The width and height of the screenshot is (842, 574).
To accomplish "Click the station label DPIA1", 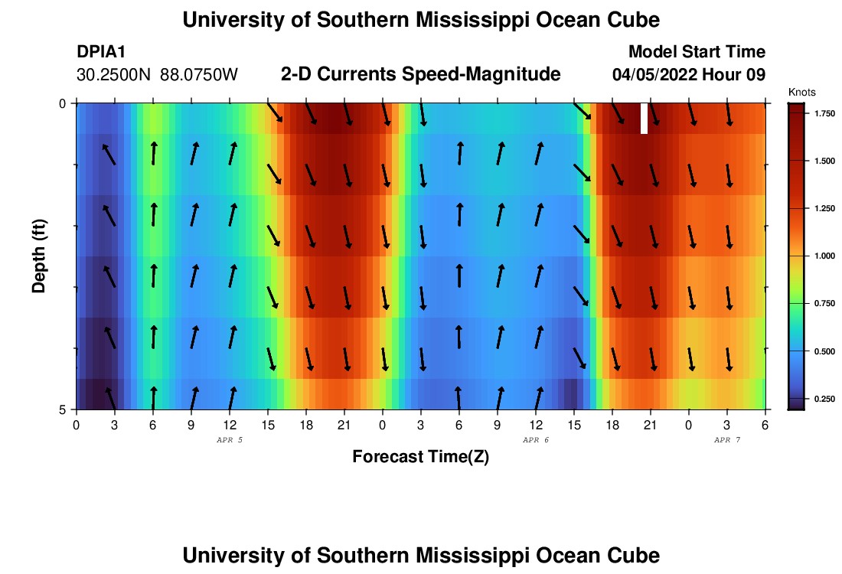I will [x=101, y=52].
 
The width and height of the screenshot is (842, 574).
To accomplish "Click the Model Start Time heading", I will [x=697, y=52].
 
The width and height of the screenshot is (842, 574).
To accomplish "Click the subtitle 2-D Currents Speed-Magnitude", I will [x=421, y=74].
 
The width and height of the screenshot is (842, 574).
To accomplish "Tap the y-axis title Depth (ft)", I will [x=40, y=256].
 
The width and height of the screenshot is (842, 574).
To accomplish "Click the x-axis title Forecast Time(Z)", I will [x=420, y=457].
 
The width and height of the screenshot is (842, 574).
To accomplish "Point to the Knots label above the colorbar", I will [x=801, y=92].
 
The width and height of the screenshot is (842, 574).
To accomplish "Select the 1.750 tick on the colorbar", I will [x=824, y=113].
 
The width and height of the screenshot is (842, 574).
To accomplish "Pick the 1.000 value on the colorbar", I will [x=824, y=256].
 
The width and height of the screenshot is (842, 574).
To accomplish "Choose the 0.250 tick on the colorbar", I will [x=824, y=399].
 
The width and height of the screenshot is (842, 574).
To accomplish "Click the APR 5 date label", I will [x=230, y=440].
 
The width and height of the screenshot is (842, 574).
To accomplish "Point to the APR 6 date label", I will [x=536, y=440].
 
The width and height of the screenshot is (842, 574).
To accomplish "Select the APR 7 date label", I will [x=727, y=440].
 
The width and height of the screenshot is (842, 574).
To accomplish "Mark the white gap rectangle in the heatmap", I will [x=644, y=119].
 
